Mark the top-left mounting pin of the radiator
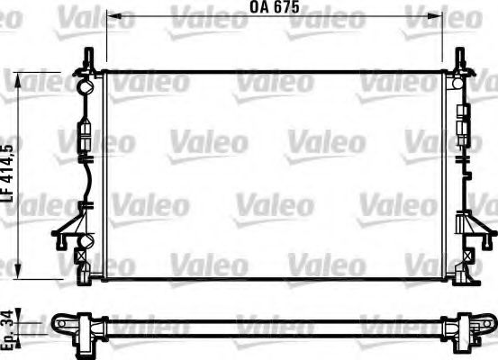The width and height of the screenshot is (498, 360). tap(88, 59)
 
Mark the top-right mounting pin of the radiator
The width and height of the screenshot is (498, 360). tap(463, 59)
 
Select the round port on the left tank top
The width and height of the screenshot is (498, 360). tap(85, 88)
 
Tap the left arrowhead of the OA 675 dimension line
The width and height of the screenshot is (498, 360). tap(110, 15)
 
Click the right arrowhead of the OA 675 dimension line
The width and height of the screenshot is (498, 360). tap(442, 15)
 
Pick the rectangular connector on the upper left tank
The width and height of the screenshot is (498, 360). tap(86, 139)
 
